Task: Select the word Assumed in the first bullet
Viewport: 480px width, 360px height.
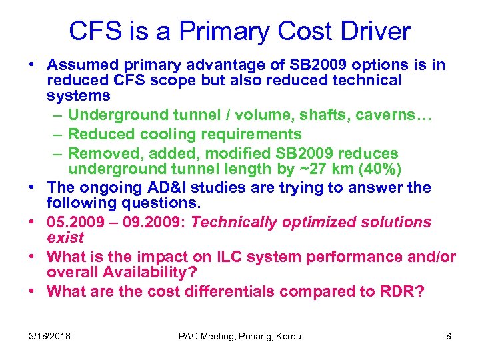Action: click(81, 65)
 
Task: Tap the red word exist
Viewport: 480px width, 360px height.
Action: click(65, 237)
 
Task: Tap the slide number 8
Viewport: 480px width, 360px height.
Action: click(448, 336)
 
